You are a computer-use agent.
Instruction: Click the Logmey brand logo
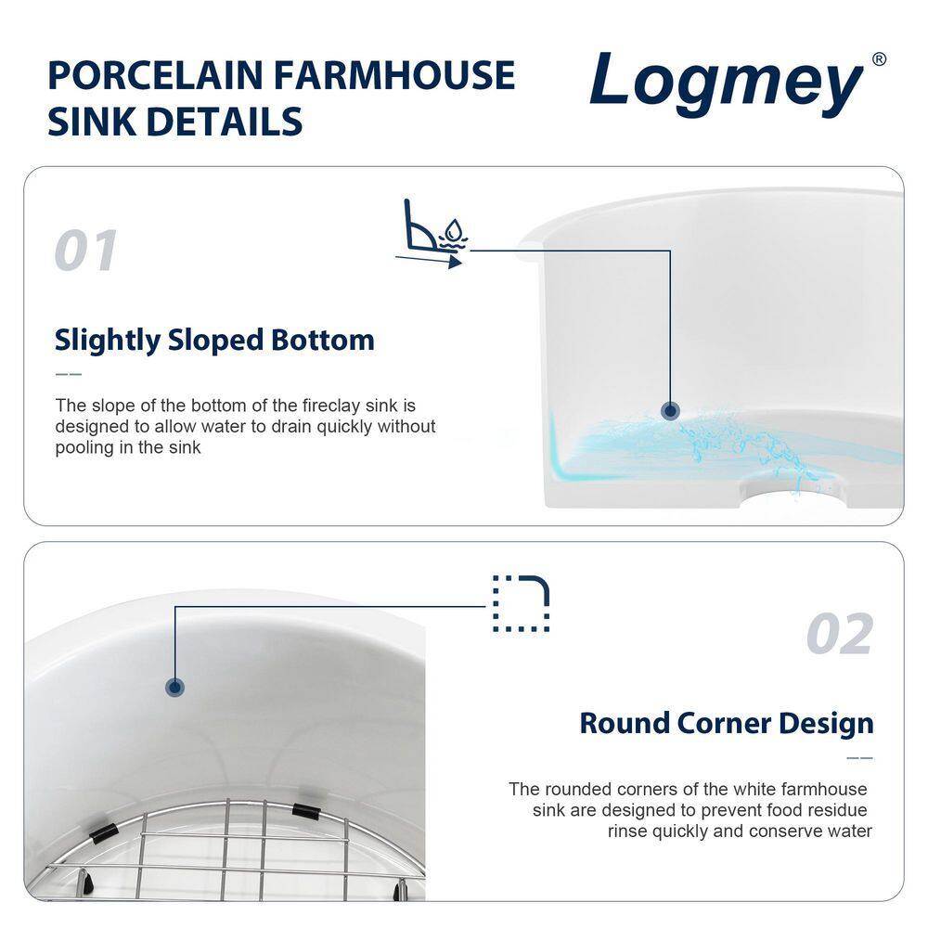727,86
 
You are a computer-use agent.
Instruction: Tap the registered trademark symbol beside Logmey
879,59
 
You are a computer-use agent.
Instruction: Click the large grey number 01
86,251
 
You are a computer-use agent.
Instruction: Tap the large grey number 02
839,635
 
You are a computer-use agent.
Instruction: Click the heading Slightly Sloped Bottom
214,340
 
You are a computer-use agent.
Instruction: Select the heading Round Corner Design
726,723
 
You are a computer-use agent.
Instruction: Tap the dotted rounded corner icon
521,603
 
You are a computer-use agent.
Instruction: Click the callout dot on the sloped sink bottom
669,411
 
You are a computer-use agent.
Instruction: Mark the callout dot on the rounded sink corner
174,687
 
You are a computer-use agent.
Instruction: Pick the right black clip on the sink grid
306,810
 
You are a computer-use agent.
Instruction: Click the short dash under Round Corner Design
860,758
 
